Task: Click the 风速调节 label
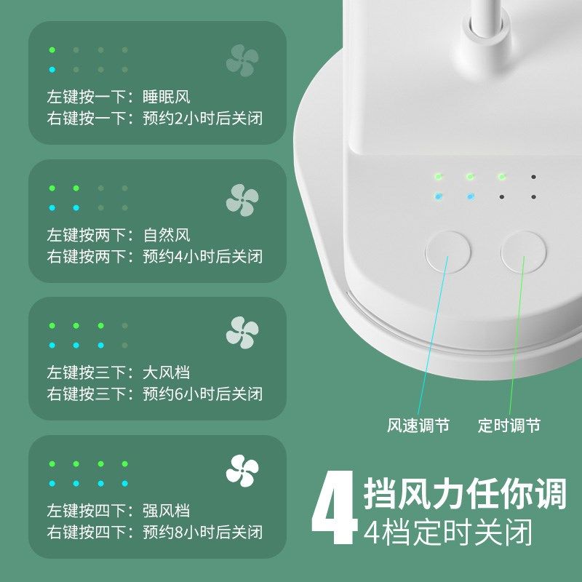(x=418, y=426)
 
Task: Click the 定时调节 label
(x=509, y=426)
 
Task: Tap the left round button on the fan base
(x=447, y=252)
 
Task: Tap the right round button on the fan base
(x=523, y=252)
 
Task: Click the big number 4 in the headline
(x=334, y=508)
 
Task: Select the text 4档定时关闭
(x=448, y=532)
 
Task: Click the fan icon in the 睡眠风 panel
(x=242, y=60)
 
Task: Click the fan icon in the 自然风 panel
(x=242, y=200)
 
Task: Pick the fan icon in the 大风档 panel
(x=242, y=332)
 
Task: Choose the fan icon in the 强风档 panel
(x=242, y=471)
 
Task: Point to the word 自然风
(x=167, y=235)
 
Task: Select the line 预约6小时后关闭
(x=202, y=394)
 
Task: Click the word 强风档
(x=167, y=511)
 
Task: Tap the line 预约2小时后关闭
(x=202, y=119)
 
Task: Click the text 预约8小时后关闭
(x=202, y=532)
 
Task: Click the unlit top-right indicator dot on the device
(x=534, y=177)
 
